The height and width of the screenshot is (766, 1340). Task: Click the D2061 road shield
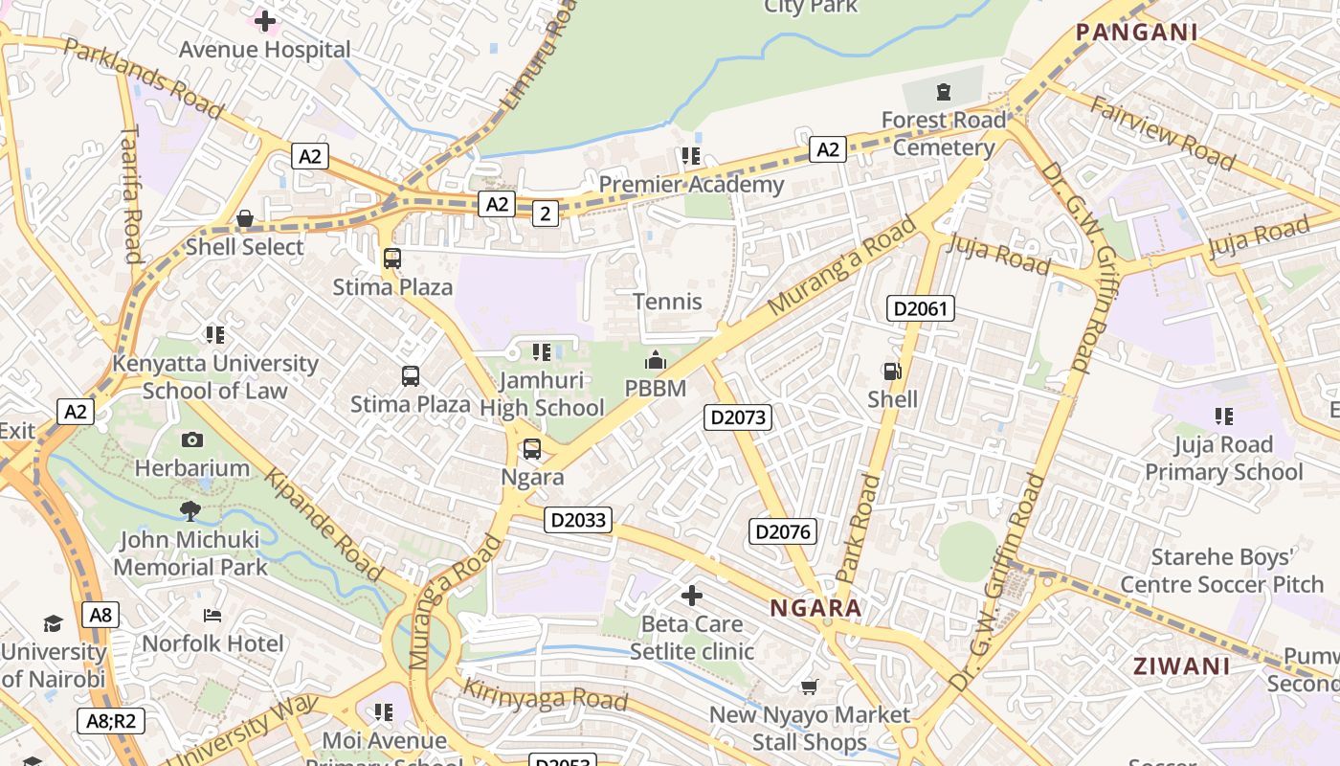click(921, 308)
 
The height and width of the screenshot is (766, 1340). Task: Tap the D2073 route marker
click(737, 417)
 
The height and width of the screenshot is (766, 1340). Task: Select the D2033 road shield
click(578, 520)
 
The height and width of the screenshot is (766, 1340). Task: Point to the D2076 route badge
click(782, 532)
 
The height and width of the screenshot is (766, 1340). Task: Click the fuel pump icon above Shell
click(892, 372)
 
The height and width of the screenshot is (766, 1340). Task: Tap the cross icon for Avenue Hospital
click(265, 20)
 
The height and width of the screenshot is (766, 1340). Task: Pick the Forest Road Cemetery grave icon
click(944, 92)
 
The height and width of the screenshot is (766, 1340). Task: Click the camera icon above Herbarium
click(192, 440)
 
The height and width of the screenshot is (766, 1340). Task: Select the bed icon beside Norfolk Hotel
click(212, 616)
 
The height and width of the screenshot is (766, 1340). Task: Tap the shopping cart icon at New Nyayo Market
click(810, 687)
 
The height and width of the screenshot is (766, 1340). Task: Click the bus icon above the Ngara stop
click(532, 448)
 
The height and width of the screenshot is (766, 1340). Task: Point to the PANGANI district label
click(1136, 33)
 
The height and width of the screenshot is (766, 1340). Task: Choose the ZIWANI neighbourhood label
click(1181, 666)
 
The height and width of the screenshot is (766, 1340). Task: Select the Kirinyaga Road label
click(545, 696)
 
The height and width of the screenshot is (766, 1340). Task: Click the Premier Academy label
click(691, 184)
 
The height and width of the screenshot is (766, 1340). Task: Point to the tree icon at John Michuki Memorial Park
click(190, 511)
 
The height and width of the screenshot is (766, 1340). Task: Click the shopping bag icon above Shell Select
click(245, 219)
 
